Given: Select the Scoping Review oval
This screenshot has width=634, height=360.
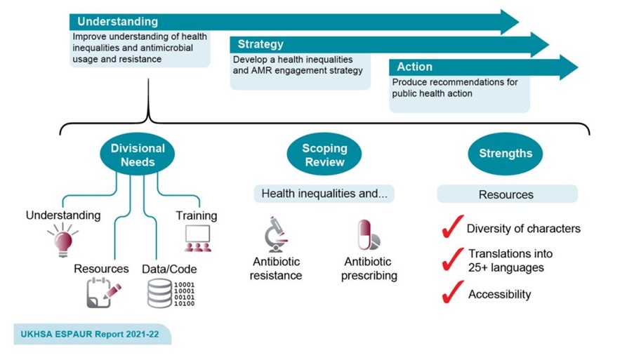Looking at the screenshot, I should [x=324, y=155].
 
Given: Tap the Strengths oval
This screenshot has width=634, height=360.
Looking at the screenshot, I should [x=506, y=154].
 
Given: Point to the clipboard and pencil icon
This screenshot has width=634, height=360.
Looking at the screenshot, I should [x=103, y=293].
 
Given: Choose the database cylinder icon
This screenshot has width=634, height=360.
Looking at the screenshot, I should [x=159, y=293].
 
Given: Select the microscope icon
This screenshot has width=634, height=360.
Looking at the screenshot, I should [x=275, y=234].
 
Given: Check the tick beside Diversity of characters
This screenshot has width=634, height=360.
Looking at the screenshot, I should [x=451, y=227].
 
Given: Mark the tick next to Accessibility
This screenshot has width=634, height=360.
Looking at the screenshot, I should [x=451, y=293].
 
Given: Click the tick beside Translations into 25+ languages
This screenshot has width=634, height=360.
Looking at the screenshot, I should [x=451, y=260].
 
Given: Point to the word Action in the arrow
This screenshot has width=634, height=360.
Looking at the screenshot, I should [x=414, y=67].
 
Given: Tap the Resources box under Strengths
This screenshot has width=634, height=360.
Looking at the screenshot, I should [x=507, y=194].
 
